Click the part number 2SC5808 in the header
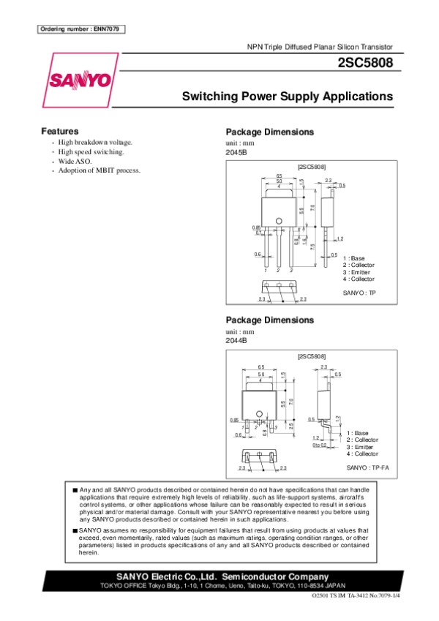365,63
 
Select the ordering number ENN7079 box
80,29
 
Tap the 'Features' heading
60,131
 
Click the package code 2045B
236,153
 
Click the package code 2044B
236,341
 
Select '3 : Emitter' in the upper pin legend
358,272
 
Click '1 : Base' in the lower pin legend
358,433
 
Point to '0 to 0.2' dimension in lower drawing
319,445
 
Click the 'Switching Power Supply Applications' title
287,97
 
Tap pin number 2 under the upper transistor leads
279,271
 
